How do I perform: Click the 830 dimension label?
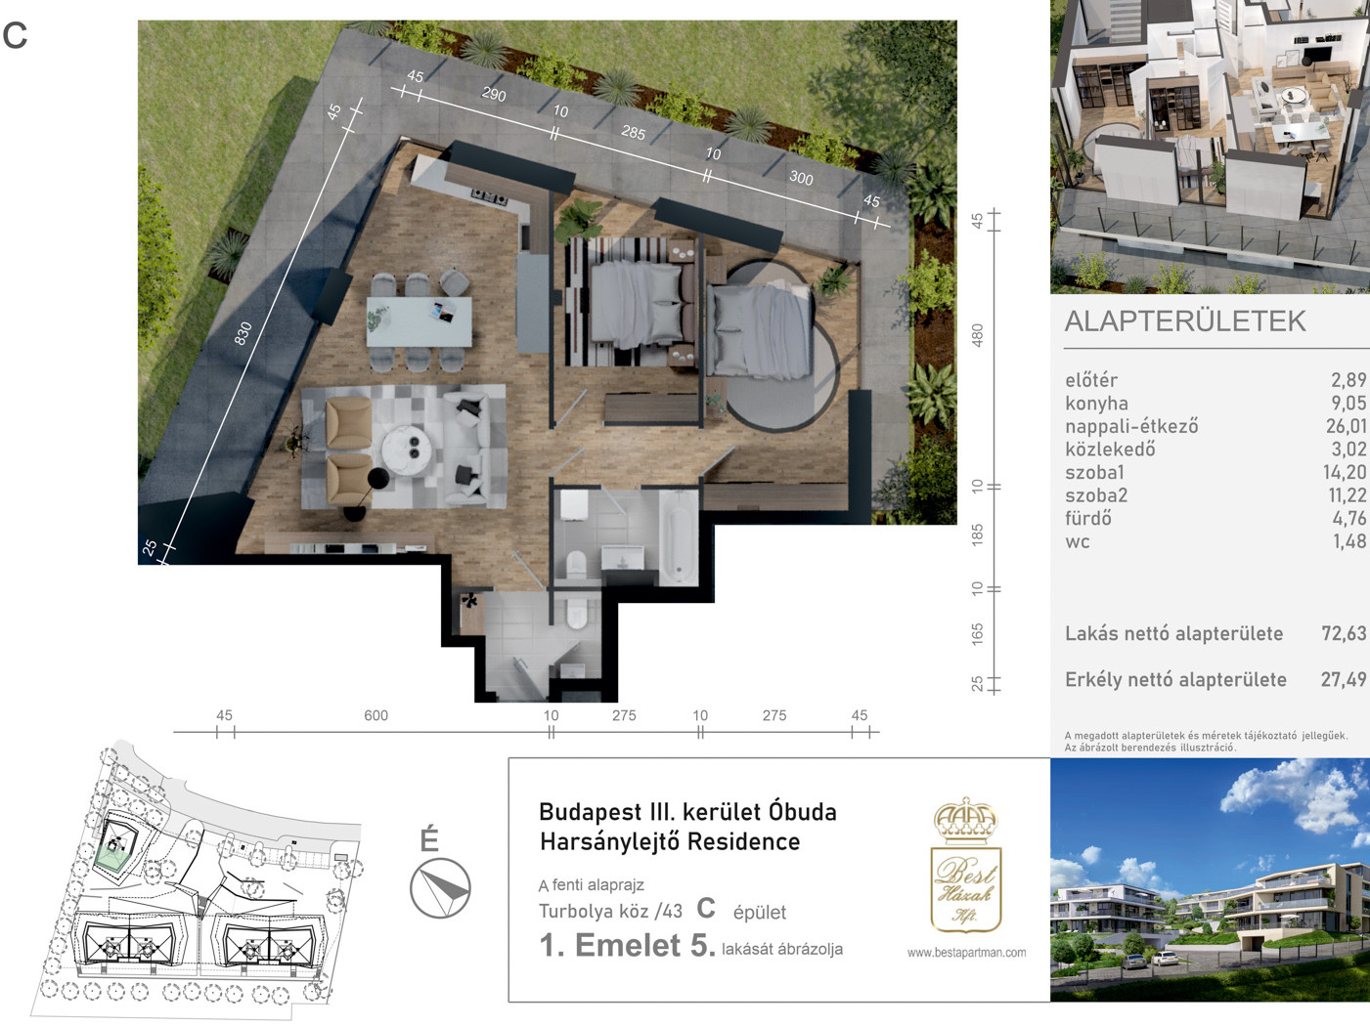coord(243,333)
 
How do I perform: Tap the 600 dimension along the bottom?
coord(376,715)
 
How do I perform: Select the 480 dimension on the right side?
coord(978,335)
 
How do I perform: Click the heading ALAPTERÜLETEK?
coord(1184,321)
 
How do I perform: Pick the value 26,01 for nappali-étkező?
coord(1347,426)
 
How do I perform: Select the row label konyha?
coord(1096,404)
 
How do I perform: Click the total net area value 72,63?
coord(1344,633)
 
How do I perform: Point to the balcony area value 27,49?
coord(1344,679)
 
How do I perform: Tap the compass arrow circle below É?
coord(440,888)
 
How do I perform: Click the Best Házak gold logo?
coord(965,866)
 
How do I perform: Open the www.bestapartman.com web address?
coord(966,953)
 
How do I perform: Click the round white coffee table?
coord(407,449)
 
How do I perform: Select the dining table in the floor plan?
coord(419,321)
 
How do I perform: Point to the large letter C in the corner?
coord(15,35)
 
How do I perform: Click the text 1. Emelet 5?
coord(627,945)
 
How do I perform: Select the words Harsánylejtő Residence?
coord(670,841)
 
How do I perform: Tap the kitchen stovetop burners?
coord(489,197)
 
